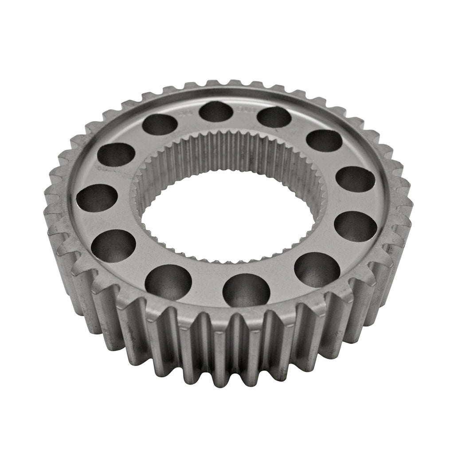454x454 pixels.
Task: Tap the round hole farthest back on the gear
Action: pyautogui.click(x=216, y=111)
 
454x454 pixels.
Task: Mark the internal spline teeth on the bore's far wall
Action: pyautogui.click(x=226, y=151)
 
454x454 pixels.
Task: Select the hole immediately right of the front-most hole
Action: pyautogui.click(x=317, y=269)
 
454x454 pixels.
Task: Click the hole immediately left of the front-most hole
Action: pyautogui.click(x=168, y=282)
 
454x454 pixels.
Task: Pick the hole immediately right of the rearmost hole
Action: pyautogui.click(x=274, y=117)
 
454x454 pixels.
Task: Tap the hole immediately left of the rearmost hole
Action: pyautogui.click(x=160, y=124)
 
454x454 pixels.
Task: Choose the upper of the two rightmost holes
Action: pyautogui.click(x=355, y=179)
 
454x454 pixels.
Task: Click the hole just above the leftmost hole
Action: pyautogui.click(x=116, y=155)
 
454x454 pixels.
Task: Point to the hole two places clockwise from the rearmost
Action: pyautogui.click(x=324, y=141)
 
